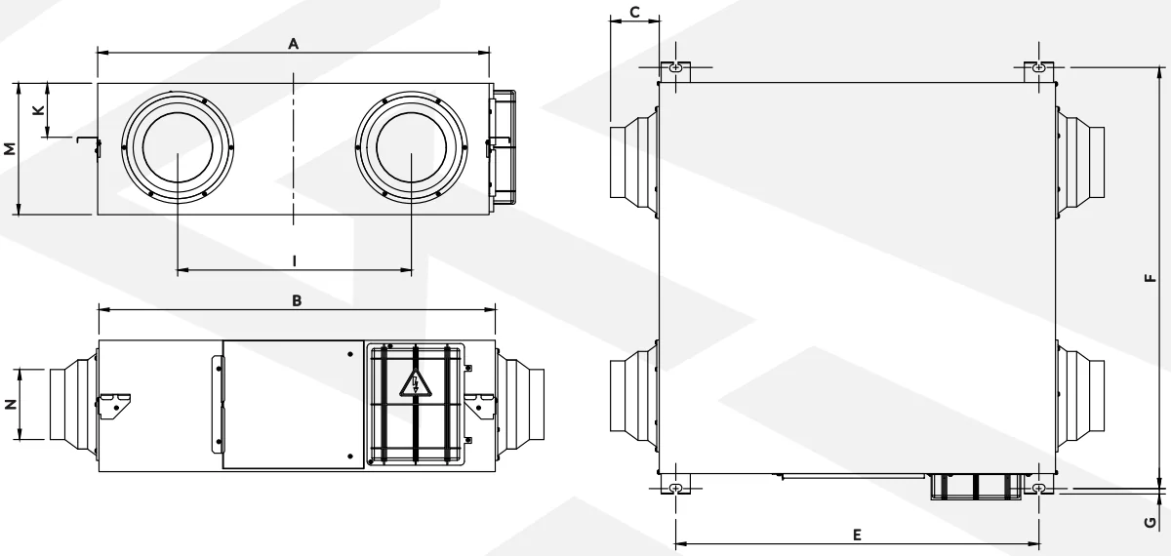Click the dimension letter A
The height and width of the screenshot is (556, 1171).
click(294, 44)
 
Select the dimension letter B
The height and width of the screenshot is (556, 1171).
click(297, 300)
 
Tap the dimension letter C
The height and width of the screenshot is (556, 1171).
click(634, 12)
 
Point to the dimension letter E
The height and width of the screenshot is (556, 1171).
click(857, 535)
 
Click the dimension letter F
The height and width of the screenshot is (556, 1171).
click(1151, 278)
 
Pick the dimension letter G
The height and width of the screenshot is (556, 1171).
click(1151, 522)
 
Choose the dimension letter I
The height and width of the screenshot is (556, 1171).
click(295, 260)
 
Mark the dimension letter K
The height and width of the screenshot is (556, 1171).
click(38, 110)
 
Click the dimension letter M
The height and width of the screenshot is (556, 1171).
click(10, 148)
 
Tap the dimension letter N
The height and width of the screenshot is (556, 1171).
click(11, 404)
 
